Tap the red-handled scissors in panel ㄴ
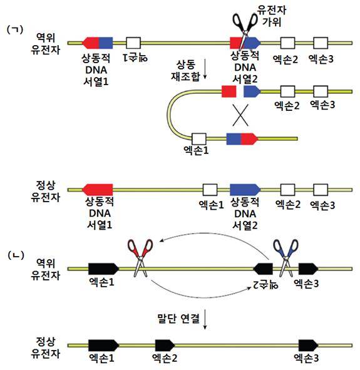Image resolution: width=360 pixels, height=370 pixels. click(140, 257)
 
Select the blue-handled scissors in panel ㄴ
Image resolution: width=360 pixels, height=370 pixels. click(285, 257)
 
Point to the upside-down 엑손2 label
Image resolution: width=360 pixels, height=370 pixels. click(265, 285)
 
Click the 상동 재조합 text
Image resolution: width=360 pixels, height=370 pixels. click(186, 71)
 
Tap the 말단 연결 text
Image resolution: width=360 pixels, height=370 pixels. click(178, 319)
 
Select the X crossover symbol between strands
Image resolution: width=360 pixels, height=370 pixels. click(240, 115)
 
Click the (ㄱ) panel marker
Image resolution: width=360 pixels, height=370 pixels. click(15, 30)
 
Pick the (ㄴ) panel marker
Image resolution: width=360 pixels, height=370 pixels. click(16, 255)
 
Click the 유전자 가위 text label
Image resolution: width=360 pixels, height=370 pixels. click(272, 16)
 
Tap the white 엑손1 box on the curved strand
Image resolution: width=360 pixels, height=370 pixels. click(199, 139)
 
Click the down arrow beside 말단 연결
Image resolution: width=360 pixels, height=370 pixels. click(205, 319)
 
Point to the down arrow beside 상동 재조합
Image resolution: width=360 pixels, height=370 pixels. click(205, 69)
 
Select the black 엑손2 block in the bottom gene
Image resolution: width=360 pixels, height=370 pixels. click(165, 346)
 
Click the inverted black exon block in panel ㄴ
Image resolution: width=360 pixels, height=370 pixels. click(263, 269)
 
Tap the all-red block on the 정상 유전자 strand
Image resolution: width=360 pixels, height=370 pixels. click(97, 190)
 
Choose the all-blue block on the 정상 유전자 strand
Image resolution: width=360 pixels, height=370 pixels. click(245, 190)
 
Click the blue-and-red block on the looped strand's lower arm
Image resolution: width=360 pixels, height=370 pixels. click(242, 139)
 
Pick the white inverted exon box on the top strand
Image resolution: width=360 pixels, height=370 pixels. click(133, 43)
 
